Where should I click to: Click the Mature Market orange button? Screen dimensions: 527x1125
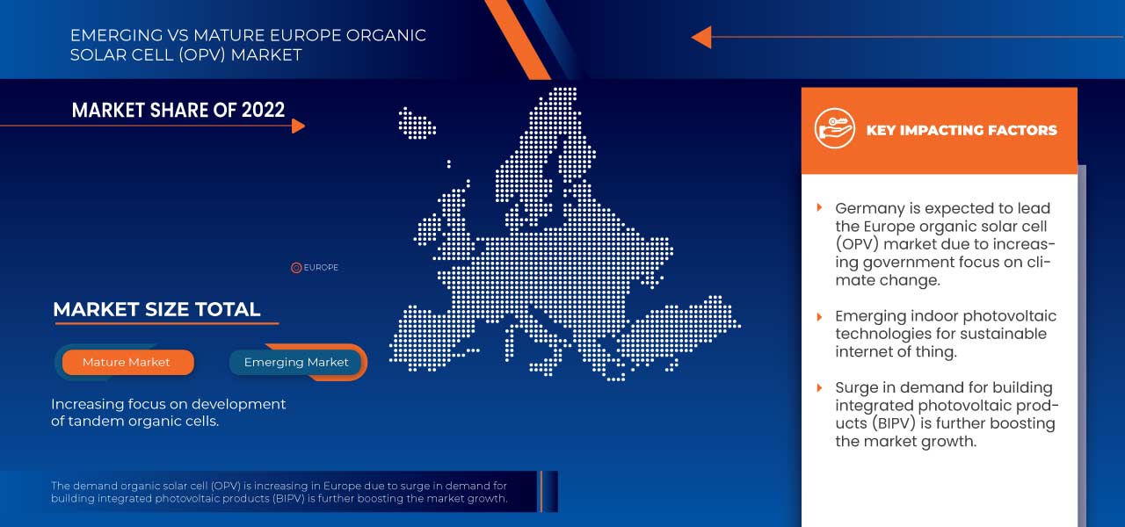tap(127, 362)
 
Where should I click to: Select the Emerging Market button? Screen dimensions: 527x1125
tap(296, 362)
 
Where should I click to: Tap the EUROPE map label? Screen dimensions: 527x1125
tap(321, 268)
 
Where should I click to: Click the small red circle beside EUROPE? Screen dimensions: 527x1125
tap(296, 268)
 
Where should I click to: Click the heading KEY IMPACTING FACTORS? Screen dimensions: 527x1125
tap(962, 130)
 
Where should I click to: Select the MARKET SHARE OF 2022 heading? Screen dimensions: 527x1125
tap(178, 110)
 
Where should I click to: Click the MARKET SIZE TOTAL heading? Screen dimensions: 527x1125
tap(156, 309)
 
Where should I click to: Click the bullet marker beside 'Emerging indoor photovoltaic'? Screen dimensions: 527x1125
tap(820, 315)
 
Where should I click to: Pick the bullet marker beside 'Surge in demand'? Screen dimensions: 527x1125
tap(820, 387)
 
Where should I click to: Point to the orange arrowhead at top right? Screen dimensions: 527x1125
tap(701, 37)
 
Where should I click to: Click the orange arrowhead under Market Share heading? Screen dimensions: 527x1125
tap(298, 126)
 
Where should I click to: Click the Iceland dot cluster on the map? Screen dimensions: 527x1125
tap(417, 122)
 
